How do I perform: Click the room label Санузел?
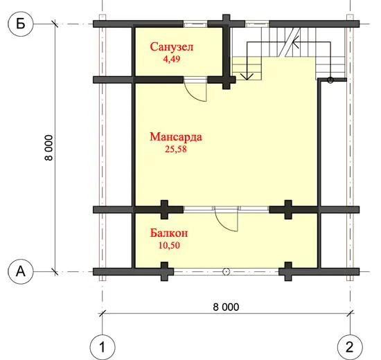172,47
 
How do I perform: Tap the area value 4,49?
172,59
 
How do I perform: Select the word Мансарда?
176,137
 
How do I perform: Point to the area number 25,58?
176,149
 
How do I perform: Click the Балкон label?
169,233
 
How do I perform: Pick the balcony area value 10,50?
169,245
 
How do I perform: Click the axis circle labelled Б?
21,24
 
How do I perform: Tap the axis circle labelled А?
20,271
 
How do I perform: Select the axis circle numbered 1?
103,347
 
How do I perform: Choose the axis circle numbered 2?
350,347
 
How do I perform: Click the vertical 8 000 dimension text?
48,147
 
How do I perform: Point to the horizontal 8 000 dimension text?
226,307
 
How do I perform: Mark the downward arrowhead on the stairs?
247,76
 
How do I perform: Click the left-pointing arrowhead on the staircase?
296,42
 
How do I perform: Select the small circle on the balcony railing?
226,271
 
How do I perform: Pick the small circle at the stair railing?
330,80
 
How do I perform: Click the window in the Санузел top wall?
195,24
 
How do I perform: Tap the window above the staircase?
257,24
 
